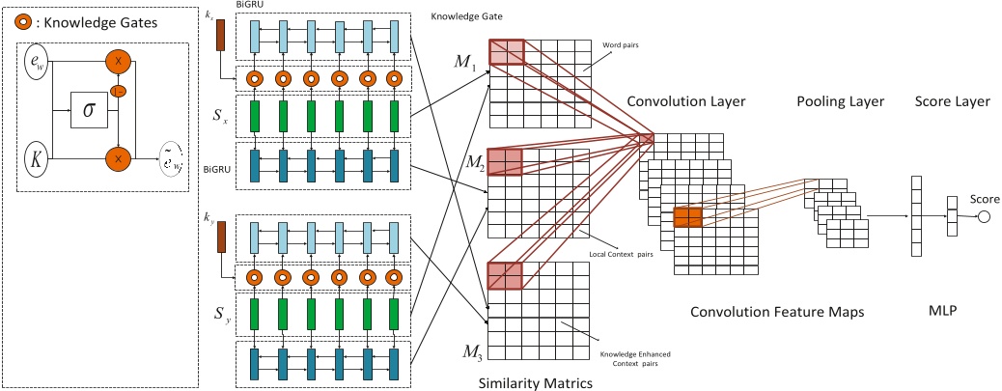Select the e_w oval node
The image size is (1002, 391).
click(38, 64)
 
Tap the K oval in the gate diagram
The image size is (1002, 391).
click(38, 160)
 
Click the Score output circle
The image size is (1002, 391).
click(984, 217)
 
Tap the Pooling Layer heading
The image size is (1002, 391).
click(840, 101)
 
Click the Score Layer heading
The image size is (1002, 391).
click(946, 101)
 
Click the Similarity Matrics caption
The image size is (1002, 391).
click(535, 382)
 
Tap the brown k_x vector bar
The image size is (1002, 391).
click(221, 36)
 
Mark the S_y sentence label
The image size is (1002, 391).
click(221, 315)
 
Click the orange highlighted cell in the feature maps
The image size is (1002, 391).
click(687, 218)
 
